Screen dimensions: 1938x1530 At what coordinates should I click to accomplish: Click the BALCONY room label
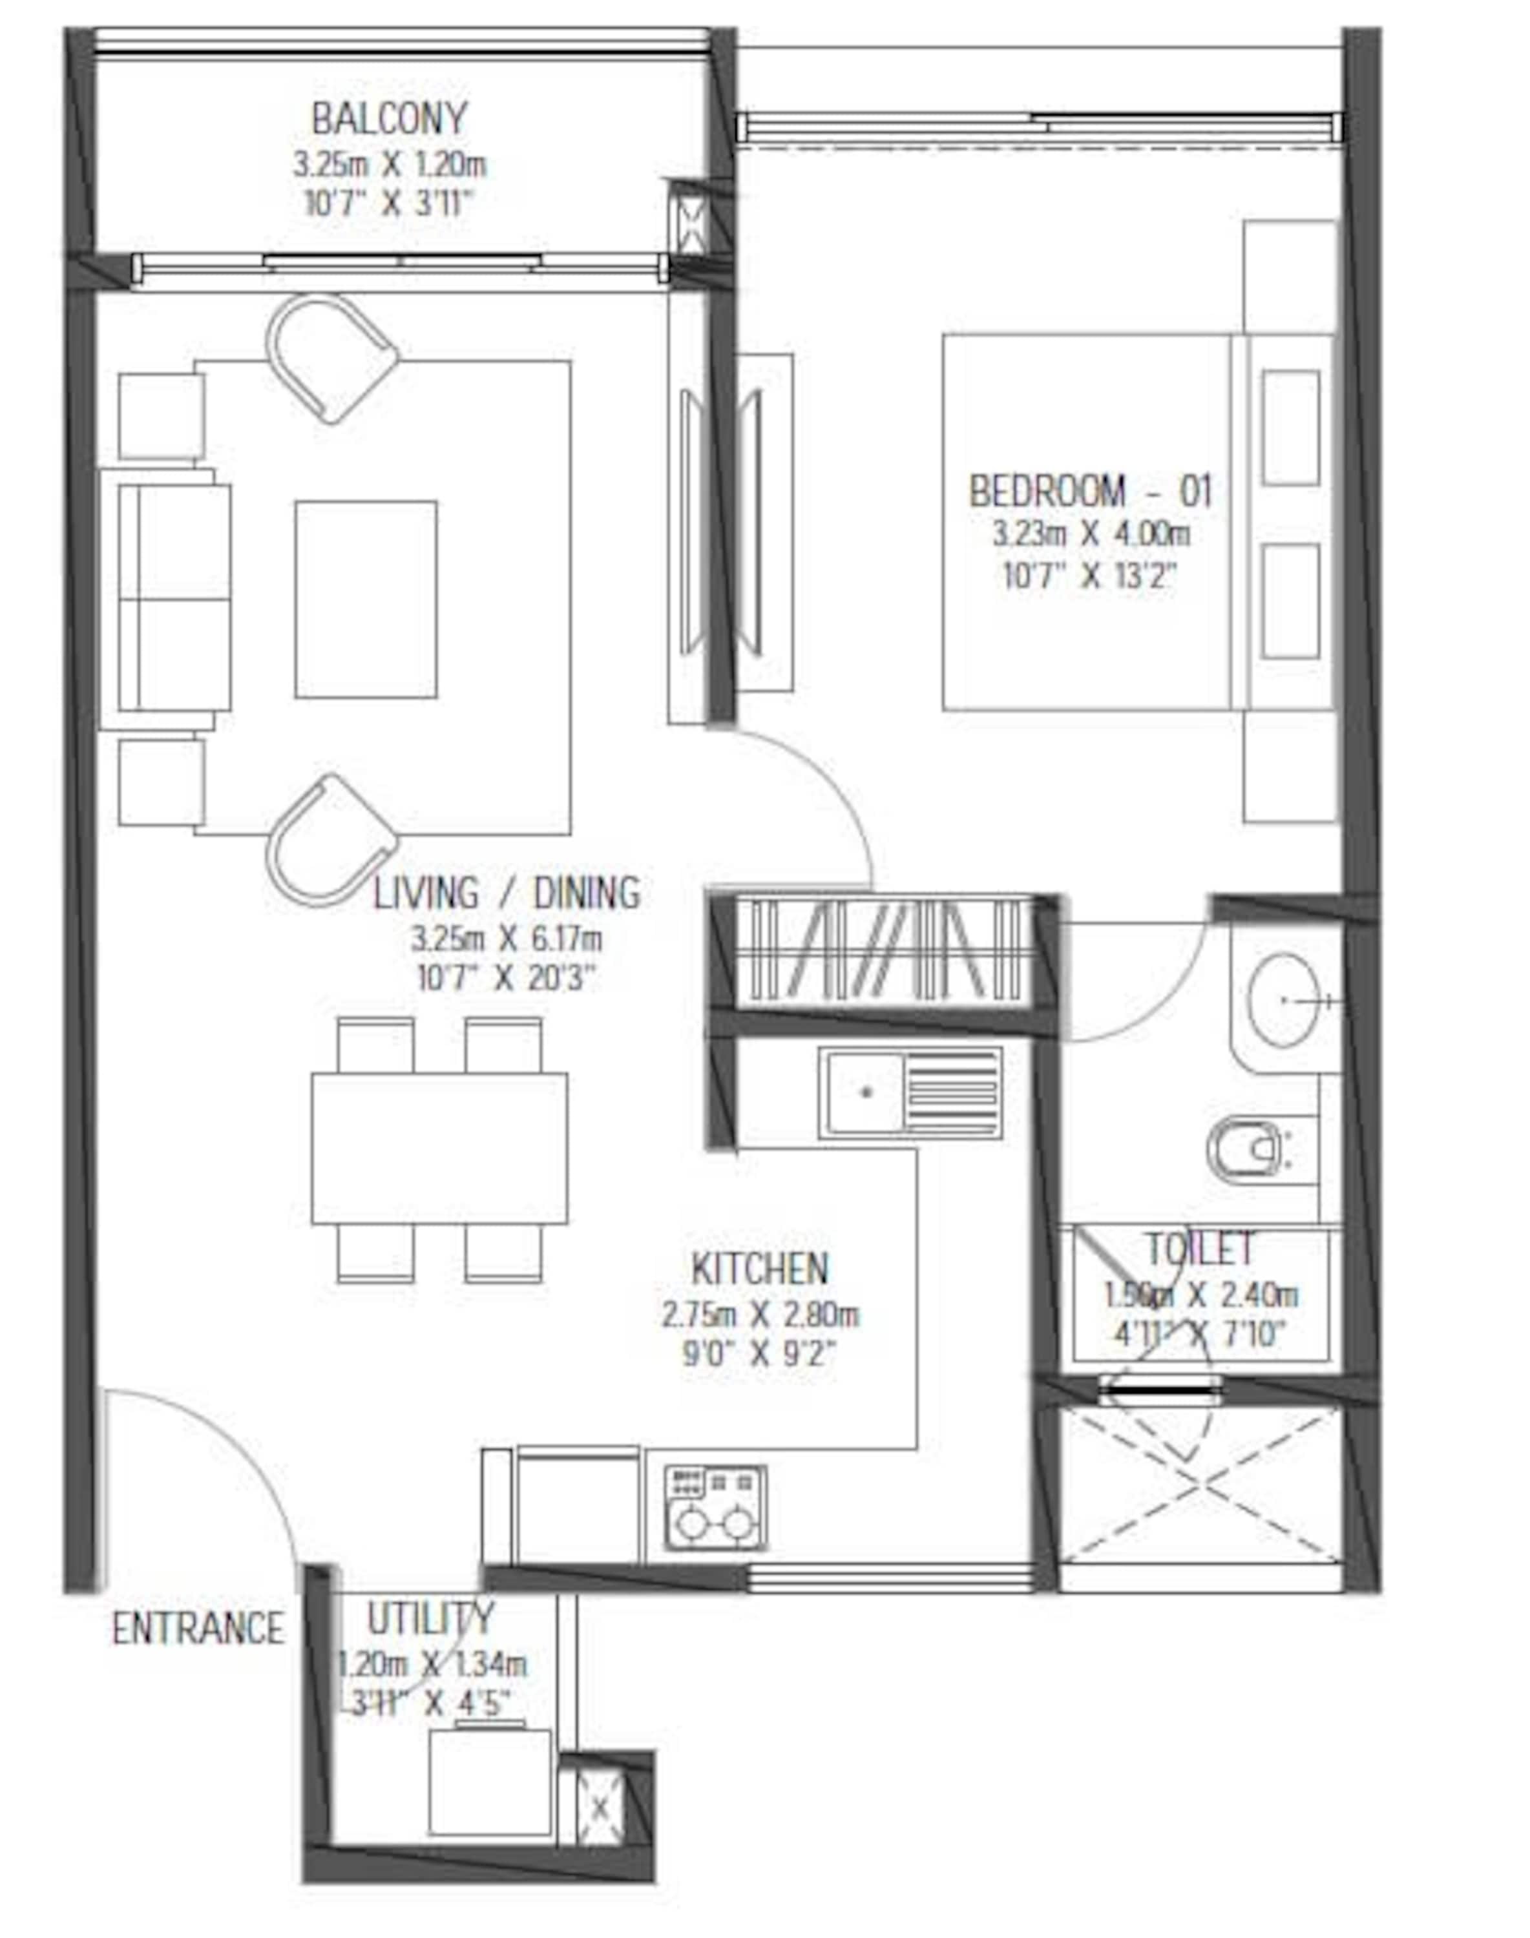click(390, 119)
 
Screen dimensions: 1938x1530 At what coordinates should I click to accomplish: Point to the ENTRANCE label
click(197, 1628)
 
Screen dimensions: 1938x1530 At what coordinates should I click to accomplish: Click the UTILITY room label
click(431, 1618)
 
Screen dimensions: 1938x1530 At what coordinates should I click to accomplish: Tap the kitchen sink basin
click(865, 1092)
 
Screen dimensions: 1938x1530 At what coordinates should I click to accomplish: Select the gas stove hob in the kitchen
click(715, 1508)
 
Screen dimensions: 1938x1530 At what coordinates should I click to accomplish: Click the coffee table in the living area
click(366, 599)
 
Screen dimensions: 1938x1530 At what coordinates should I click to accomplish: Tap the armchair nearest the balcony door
click(330, 359)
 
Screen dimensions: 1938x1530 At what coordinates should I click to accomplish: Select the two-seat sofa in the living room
click(174, 598)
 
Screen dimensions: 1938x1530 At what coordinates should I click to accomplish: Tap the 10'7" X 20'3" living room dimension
click(506, 979)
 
